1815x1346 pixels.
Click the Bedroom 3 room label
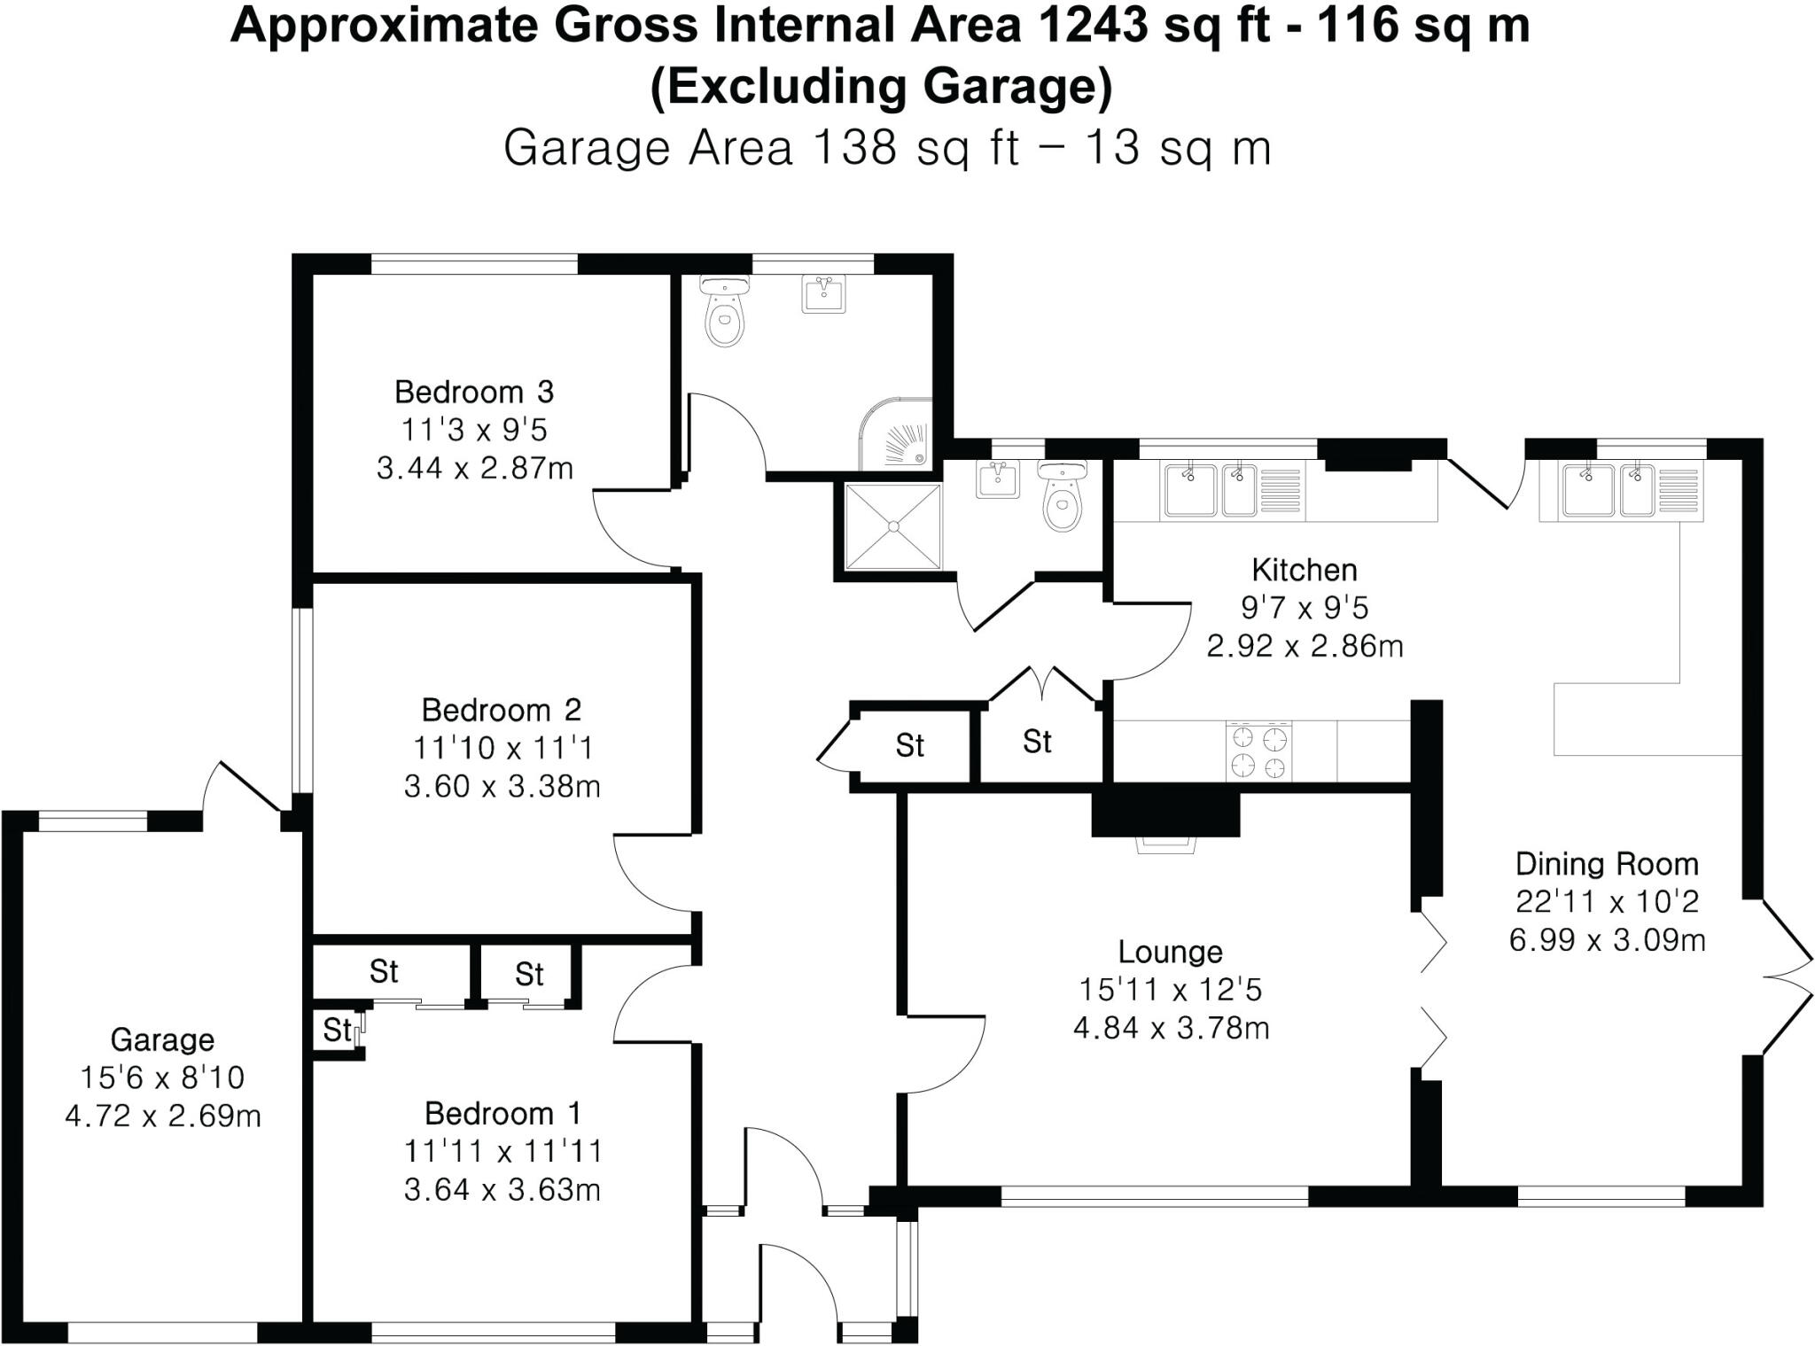[474, 391]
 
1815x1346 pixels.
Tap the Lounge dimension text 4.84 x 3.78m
[1171, 1028]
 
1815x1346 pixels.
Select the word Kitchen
[1304, 569]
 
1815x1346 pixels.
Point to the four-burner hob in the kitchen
[1258, 751]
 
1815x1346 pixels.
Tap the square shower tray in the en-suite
[893, 526]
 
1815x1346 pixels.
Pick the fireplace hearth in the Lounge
[1166, 844]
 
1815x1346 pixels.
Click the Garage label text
[162, 1039]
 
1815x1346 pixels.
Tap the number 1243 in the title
[1090, 27]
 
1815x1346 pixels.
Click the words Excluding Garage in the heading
[881, 87]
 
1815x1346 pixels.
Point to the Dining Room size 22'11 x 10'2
[1607, 901]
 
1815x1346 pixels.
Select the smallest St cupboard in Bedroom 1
[336, 1031]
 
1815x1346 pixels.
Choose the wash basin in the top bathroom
[823, 293]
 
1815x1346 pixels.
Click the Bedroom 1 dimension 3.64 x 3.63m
[502, 1189]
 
